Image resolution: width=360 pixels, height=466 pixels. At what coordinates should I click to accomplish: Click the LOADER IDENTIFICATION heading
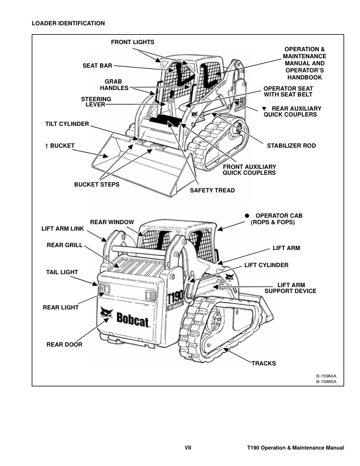pyautogui.click(x=68, y=24)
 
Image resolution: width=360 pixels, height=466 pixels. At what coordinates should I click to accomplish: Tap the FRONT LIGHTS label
pyautogui.click(x=132, y=42)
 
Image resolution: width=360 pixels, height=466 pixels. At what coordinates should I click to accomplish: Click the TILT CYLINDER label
pyautogui.click(x=67, y=125)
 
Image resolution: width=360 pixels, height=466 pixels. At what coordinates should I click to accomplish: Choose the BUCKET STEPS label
pyautogui.click(x=96, y=184)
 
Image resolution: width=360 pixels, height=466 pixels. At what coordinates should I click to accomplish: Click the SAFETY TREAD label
pyautogui.click(x=212, y=190)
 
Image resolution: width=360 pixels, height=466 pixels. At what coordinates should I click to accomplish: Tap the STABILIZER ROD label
pyautogui.click(x=292, y=144)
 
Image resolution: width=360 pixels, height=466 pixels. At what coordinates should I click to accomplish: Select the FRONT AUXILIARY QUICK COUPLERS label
pyautogui.click(x=249, y=170)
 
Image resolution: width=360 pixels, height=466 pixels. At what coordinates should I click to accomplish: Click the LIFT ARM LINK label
pyautogui.click(x=62, y=228)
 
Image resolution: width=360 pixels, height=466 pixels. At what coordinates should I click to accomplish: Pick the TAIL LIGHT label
pyautogui.click(x=63, y=272)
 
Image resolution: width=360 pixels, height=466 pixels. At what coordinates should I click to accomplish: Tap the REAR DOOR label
pyautogui.click(x=64, y=344)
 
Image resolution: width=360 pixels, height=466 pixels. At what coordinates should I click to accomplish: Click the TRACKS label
pyautogui.click(x=264, y=363)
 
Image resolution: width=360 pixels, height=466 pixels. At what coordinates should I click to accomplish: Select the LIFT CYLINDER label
pyautogui.click(x=266, y=265)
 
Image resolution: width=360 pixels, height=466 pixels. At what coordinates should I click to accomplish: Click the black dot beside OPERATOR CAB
pyautogui.click(x=248, y=216)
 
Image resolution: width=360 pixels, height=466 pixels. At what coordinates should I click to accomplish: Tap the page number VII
pyautogui.click(x=188, y=448)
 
